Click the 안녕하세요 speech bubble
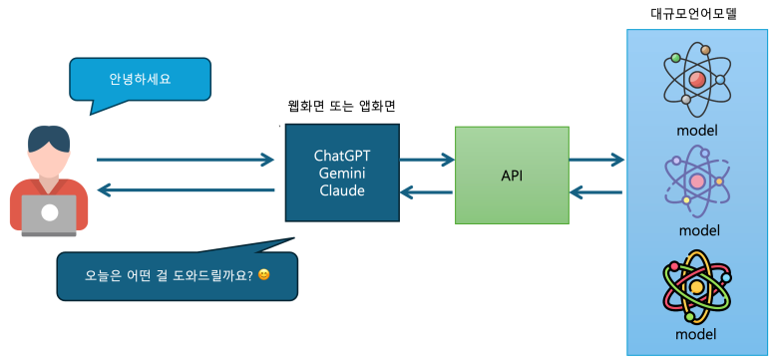click(x=140, y=79)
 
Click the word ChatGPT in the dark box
click(x=342, y=157)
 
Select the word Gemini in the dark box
click(x=342, y=174)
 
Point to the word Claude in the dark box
click(x=342, y=190)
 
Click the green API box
click(x=512, y=176)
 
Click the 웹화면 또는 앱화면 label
click(x=342, y=106)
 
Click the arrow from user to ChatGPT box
click(x=185, y=159)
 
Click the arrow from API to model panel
click(x=596, y=159)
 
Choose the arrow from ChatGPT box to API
click(x=427, y=159)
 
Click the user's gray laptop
click(x=49, y=212)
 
